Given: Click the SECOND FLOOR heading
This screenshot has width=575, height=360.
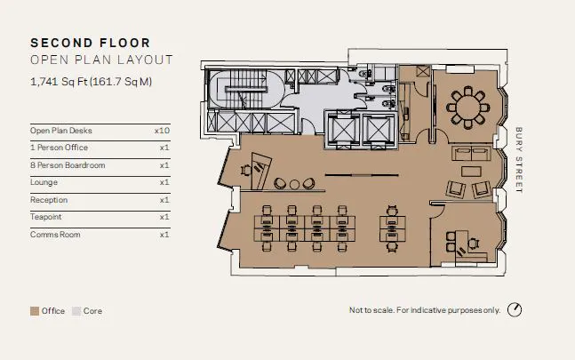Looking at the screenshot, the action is (x=91, y=43).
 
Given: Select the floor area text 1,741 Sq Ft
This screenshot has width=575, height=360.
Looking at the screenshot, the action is (x=59, y=82).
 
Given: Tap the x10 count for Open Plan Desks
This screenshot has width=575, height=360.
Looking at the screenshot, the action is (x=162, y=131).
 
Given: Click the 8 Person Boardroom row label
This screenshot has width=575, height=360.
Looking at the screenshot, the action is (x=68, y=165).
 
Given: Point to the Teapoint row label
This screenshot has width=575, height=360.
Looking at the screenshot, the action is (x=46, y=217).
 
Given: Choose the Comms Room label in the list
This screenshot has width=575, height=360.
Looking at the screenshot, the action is (x=55, y=235).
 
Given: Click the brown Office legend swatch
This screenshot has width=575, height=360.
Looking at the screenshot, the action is (x=35, y=311).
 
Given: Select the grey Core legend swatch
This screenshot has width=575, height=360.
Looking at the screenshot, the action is (x=76, y=311).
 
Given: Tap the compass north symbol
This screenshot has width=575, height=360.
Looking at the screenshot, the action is (x=515, y=309).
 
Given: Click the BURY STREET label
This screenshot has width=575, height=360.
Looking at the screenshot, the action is (x=518, y=160).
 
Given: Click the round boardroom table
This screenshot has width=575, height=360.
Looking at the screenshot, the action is (x=468, y=108).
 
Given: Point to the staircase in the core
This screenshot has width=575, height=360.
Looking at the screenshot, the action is (x=245, y=90).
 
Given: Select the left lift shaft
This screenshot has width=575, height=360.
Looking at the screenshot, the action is (x=343, y=130).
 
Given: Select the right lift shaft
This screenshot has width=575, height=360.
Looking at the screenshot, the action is (x=378, y=130).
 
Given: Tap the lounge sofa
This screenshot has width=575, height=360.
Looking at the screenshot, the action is (x=471, y=153).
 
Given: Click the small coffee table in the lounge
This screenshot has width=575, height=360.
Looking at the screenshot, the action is (x=471, y=172).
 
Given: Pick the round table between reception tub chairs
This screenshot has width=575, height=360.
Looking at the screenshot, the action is (x=294, y=184).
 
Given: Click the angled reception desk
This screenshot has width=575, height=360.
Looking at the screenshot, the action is (x=260, y=171).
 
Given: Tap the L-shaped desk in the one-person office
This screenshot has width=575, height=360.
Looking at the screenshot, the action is (x=469, y=249).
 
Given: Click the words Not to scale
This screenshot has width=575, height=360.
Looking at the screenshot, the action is (x=371, y=310).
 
